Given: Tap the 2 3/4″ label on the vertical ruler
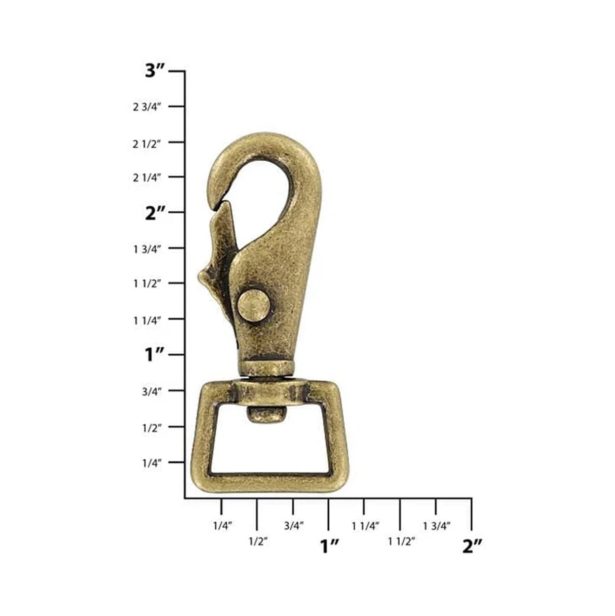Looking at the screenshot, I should click(x=147, y=107).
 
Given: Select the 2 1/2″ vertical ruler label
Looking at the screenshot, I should click(x=147, y=143).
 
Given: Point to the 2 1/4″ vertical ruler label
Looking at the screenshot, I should click(x=147, y=177).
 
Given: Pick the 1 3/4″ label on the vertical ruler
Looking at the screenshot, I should click(x=147, y=249).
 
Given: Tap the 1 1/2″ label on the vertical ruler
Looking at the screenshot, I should click(x=147, y=284).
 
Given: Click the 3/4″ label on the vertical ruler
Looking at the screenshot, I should click(x=151, y=391).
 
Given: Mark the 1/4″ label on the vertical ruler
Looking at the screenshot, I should click(x=151, y=463).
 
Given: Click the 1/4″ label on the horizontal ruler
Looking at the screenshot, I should click(x=222, y=526).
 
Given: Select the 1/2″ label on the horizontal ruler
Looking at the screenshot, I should click(x=258, y=541).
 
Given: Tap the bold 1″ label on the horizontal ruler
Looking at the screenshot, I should click(x=329, y=546).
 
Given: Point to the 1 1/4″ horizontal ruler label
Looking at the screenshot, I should click(x=365, y=526).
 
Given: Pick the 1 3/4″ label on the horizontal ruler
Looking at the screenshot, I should click(x=437, y=526).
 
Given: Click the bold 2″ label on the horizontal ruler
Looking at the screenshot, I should click(x=472, y=546).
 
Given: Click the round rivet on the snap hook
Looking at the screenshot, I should click(x=254, y=306).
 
